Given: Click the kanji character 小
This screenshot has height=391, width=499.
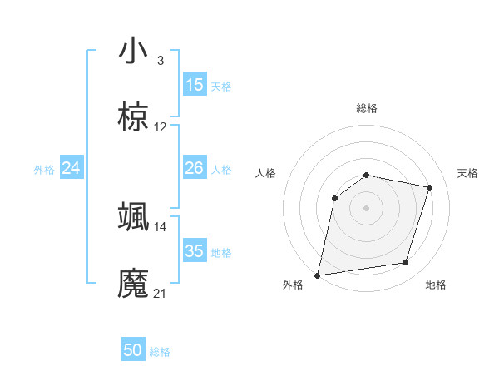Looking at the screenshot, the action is click(133, 51).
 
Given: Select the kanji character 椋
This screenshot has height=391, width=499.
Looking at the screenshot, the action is click(133, 117).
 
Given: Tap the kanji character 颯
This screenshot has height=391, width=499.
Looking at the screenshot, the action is click(133, 216).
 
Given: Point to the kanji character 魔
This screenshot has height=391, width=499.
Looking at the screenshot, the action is click(133, 283).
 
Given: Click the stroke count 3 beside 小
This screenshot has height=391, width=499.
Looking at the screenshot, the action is click(160, 61).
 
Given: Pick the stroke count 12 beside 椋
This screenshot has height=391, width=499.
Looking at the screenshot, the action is click(161, 127).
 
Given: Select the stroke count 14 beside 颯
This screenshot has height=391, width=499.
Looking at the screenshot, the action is click(161, 226).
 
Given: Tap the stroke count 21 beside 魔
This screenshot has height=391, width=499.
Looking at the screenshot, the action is click(161, 293).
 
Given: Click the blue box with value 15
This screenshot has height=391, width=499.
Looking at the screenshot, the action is click(195, 85).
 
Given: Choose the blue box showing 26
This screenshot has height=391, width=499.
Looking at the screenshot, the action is click(195, 169).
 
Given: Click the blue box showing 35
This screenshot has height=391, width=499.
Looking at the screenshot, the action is click(195, 251).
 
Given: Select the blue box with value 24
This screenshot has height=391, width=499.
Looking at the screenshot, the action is click(72, 169).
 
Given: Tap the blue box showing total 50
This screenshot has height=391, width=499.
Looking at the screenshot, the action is click(133, 351).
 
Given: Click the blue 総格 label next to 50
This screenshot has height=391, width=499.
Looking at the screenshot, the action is click(161, 353).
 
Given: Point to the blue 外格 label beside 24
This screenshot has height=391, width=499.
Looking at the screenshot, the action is click(44, 170).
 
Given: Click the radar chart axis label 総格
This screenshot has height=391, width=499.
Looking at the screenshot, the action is click(367, 108).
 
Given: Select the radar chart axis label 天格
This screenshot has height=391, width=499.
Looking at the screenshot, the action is click(467, 173).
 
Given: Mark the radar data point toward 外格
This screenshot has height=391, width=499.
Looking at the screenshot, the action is click(318, 275).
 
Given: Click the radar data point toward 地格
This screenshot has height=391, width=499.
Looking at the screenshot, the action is click(406, 263).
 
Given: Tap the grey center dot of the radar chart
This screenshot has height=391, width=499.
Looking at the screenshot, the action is click(367, 207).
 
